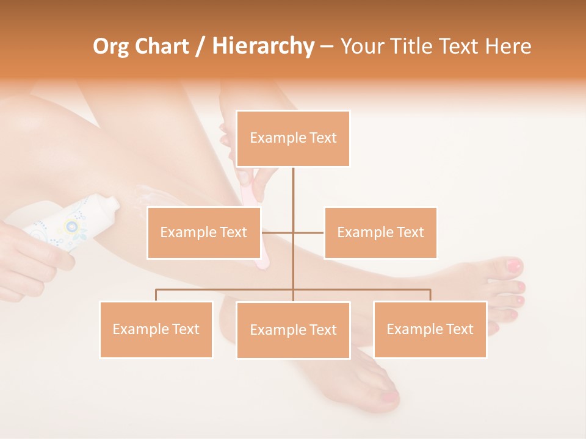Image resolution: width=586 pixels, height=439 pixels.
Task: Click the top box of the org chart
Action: [293, 138]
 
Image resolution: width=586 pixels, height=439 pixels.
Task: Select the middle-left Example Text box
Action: [204, 232]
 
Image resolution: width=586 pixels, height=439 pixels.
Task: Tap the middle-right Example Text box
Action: [380, 232]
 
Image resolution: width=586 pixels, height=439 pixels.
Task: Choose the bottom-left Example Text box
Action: [156, 329]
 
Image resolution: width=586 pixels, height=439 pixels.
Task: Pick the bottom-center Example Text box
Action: [293, 330]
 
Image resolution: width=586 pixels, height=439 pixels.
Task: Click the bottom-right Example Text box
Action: [430, 329]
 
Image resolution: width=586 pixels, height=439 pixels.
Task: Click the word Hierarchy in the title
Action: [263, 46]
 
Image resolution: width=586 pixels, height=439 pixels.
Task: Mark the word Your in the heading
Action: [363, 46]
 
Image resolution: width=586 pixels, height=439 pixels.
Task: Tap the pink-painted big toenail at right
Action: [515, 266]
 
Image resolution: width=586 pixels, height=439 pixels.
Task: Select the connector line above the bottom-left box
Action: [156, 295]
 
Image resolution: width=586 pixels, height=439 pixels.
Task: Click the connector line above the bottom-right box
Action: [430, 295]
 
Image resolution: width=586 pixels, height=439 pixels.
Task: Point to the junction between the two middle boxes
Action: [293, 232]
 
